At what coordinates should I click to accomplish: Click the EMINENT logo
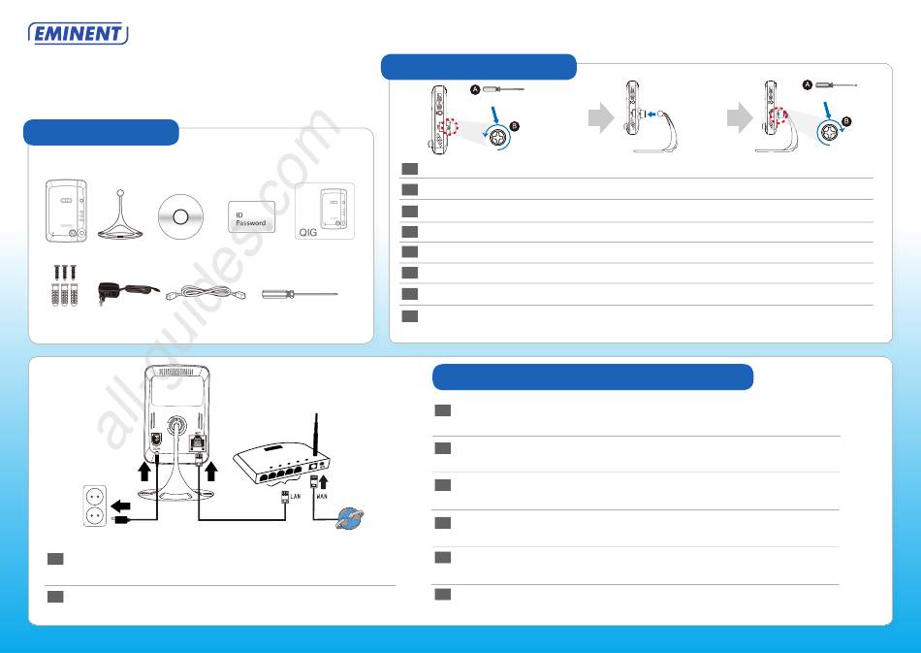[x=79, y=34]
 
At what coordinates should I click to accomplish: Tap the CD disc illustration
[x=180, y=217]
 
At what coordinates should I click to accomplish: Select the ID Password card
[x=251, y=217]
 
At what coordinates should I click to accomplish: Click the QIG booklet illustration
[x=325, y=211]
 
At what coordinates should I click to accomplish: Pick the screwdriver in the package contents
[x=300, y=293]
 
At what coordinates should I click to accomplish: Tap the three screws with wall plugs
[x=64, y=285]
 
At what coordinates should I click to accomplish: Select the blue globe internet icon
[x=349, y=518]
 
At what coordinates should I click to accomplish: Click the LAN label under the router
[x=296, y=497]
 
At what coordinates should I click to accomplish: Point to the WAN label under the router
[x=322, y=497]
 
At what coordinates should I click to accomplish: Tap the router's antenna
[x=316, y=435]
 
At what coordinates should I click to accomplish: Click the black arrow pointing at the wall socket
[x=120, y=506]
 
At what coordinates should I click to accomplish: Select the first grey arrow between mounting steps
[x=601, y=117]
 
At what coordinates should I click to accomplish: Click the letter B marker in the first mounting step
[x=515, y=126]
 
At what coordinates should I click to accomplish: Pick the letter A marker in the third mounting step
[x=808, y=85]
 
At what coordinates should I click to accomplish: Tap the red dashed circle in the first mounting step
[x=448, y=126]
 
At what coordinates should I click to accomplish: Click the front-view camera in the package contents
[x=66, y=211]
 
